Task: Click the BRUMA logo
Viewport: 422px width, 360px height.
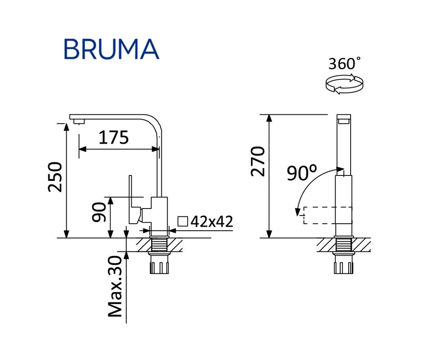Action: (x=111, y=49)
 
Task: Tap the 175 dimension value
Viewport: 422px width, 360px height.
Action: (x=114, y=137)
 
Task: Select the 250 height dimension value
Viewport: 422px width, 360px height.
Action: (x=55, y=177)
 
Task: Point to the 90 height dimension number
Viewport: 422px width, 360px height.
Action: (x=99, y=213)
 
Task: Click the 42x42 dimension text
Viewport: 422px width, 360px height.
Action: (x=211, y=221)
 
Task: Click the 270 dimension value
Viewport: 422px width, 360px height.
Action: (x=258, y=161)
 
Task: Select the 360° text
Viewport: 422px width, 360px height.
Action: (x=345, y=64)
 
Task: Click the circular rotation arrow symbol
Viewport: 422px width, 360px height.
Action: (x=344, y=84)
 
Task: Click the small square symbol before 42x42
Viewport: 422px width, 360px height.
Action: (x=183, y=221)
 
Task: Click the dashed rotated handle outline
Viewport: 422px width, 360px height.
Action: (x=322, y=215)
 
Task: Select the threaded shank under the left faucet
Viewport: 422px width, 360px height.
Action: (x=159, y=258)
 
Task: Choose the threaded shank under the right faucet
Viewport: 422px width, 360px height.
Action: (x=344, y=258)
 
